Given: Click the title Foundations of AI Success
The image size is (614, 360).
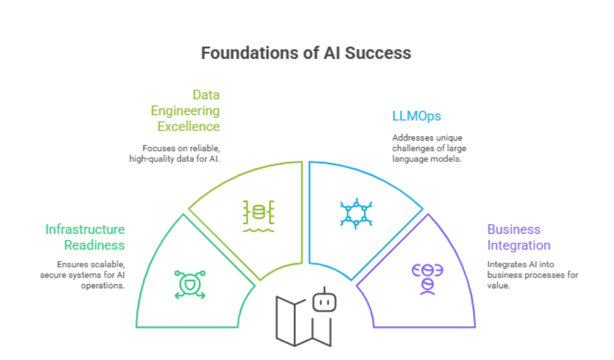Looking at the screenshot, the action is coord(306,53).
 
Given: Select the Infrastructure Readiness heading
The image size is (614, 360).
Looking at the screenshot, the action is coord(85,237).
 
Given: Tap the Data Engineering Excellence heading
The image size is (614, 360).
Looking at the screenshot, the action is coord(185,111).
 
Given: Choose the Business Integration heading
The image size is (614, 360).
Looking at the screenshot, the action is coord(518,237).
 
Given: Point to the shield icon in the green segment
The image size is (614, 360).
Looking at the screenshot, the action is coord(190,285).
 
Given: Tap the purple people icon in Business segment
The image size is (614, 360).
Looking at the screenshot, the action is coord(428,279).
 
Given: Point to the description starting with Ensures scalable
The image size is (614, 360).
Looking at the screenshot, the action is coord(83,275).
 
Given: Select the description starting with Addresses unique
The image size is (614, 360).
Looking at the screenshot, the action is coord(427,148).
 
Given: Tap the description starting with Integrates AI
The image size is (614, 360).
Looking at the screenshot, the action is coord(532,275).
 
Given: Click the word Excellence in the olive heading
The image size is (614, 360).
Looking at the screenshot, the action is coord(189,127).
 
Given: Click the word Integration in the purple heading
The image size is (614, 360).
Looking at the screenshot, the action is coord(518,246).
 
